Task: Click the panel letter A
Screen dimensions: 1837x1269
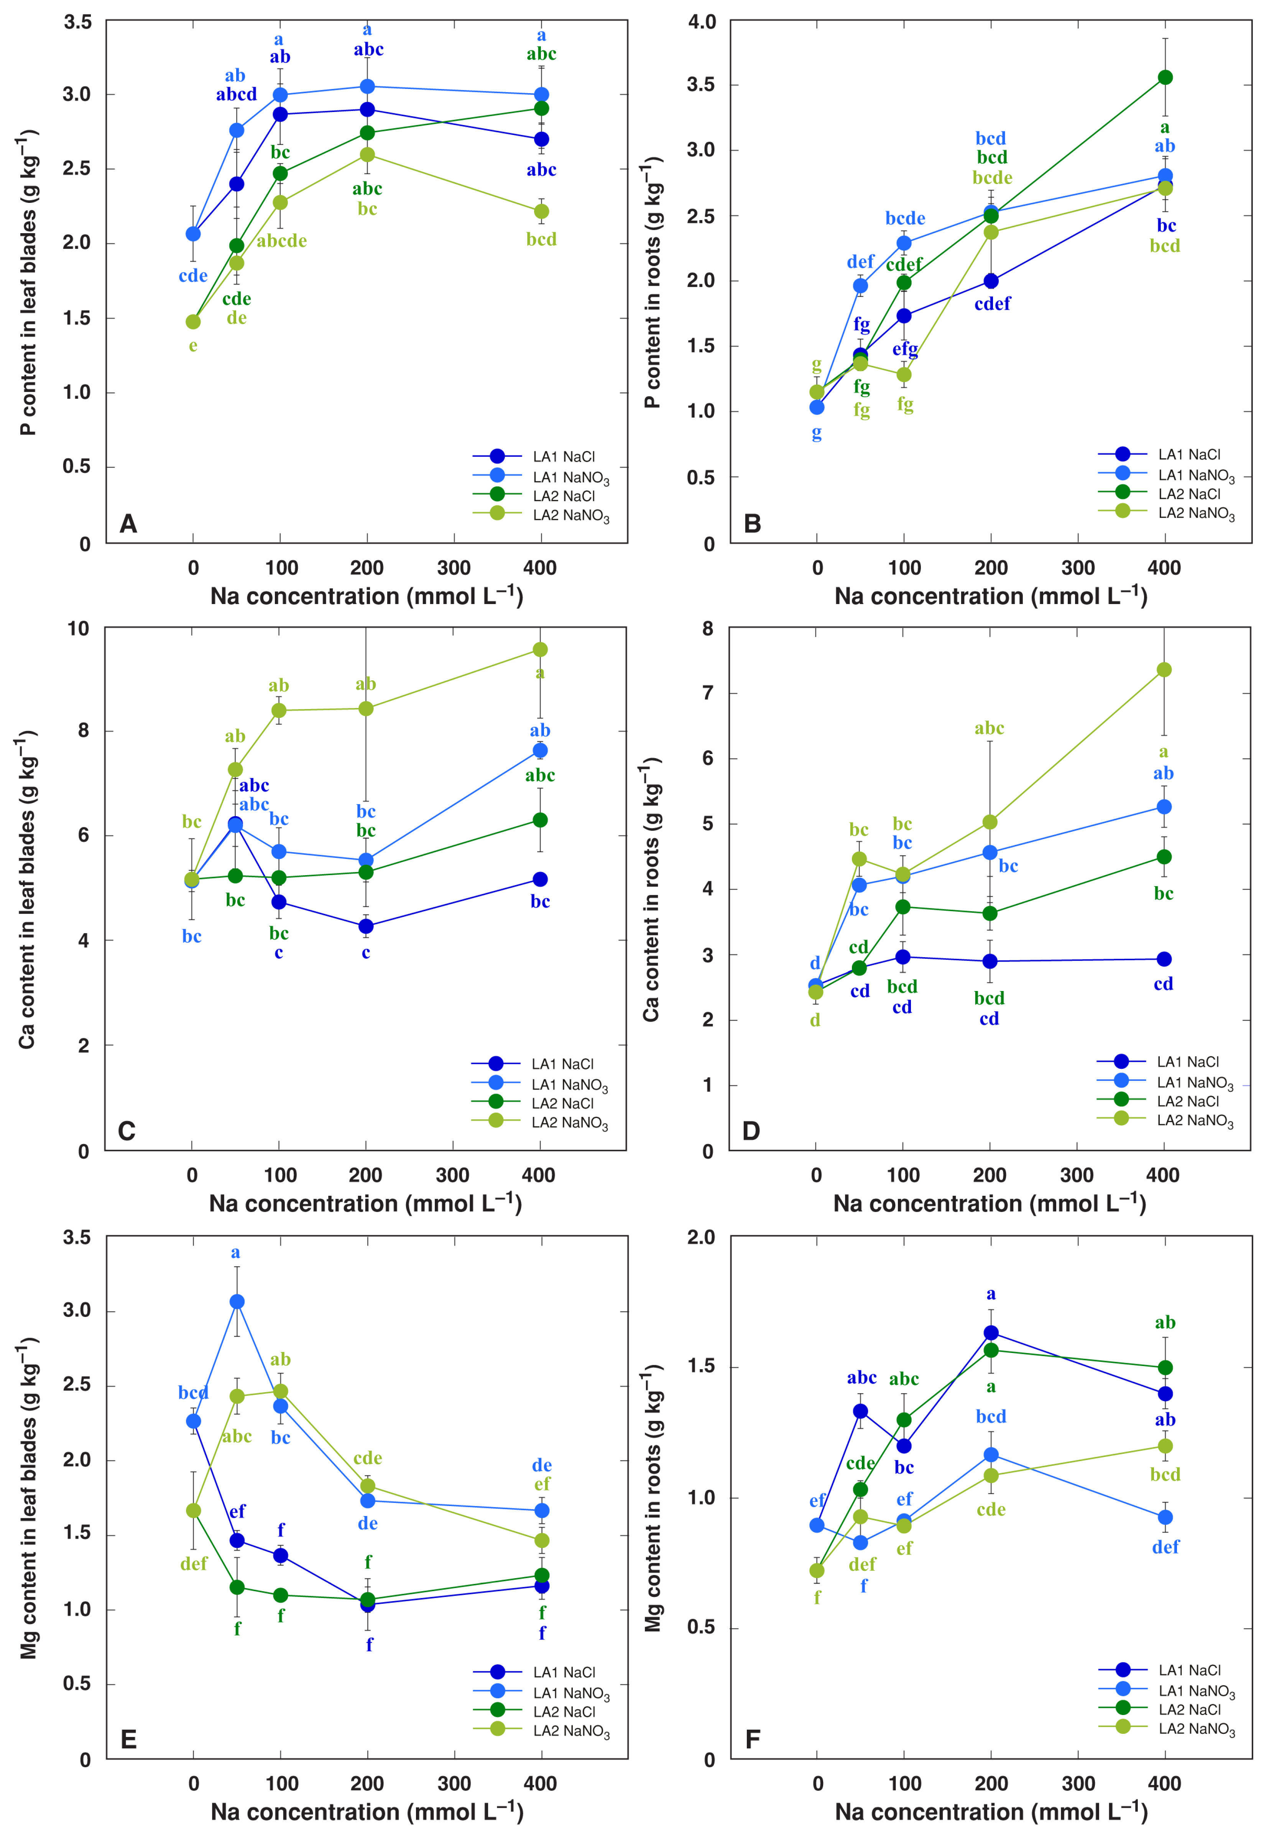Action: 128,524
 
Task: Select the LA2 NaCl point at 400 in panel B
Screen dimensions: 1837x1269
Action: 1165,77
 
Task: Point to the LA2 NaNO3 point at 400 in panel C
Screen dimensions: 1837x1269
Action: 540,650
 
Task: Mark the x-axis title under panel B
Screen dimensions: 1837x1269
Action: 991,596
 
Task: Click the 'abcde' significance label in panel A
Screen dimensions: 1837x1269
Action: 281,241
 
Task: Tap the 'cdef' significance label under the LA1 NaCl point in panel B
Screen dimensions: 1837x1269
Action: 992,303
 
